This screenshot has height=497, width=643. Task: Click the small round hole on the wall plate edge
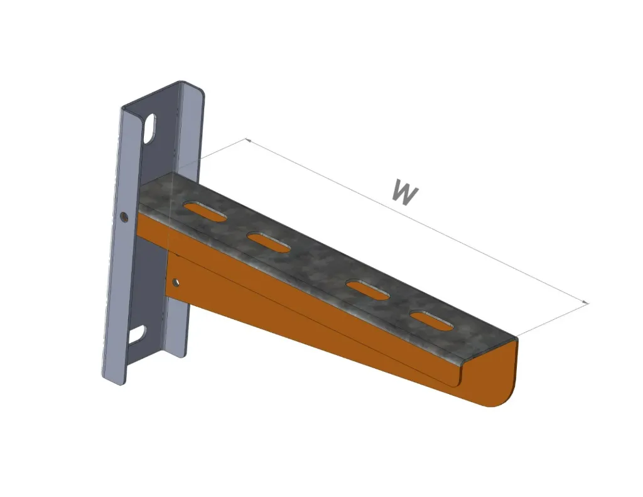pos(124,217)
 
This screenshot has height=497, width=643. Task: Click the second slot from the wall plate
pos(269,242)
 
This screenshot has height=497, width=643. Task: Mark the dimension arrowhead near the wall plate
pos(248,140)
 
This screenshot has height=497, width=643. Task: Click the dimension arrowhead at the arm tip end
pos(586,303)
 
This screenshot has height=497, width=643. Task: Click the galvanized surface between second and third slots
pos(320,264)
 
